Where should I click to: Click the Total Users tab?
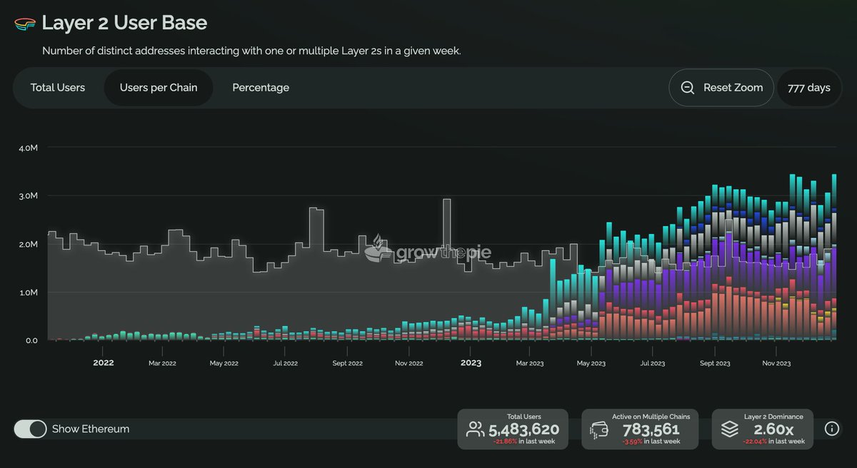pos(58,88)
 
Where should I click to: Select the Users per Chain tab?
pos(159,88)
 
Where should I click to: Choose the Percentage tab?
pos(261,88)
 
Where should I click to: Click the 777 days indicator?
pos(808,88)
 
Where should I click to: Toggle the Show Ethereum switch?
pos(30,429)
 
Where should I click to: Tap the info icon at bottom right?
pos(831,429)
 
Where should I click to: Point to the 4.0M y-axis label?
pos(28,148)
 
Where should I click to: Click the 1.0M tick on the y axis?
pos(28,292)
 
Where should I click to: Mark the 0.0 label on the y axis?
pos(31,341)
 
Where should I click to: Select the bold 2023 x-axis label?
pos(471,363)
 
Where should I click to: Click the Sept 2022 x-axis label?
pos(347,363)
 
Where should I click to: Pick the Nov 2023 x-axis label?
pos(776,363)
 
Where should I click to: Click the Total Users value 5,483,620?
pos(523,429)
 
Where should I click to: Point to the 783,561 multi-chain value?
pos(651,429)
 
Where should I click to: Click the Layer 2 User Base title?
pos(124,23)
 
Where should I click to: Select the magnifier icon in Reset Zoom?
pos(688,88)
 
